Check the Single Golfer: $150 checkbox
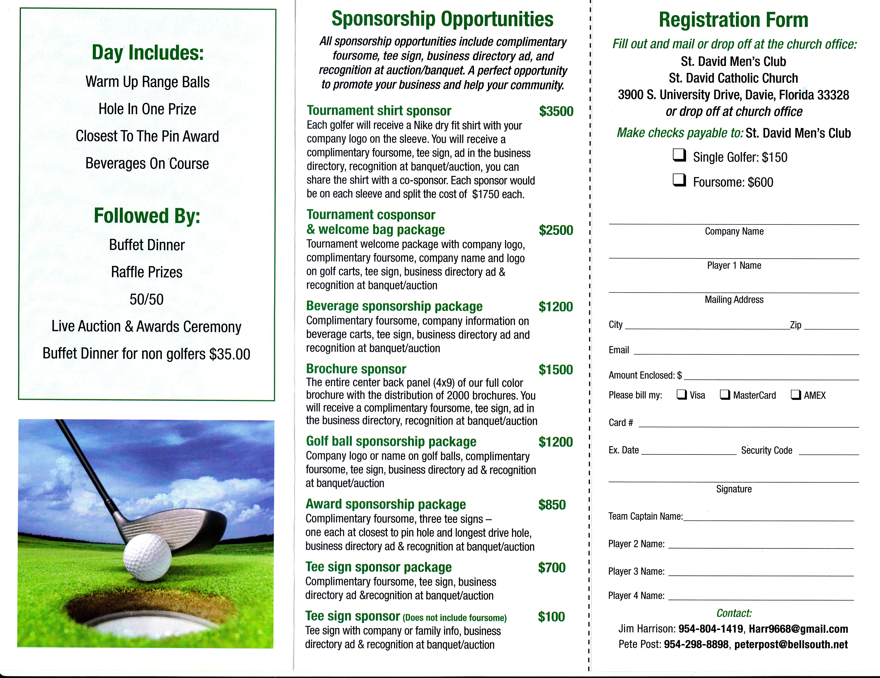679,155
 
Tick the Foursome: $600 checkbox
679,180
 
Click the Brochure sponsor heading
356,369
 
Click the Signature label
734,489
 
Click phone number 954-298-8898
696,645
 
